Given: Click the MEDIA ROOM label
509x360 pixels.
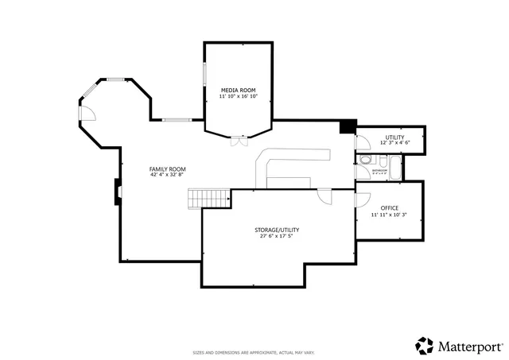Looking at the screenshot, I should (x=239, y=91).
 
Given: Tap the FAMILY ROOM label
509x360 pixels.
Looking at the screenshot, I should (x=167, y=168).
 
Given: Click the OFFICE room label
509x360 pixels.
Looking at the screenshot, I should (x=389, y=208).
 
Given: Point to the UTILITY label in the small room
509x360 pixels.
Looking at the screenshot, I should (x=394, y=137).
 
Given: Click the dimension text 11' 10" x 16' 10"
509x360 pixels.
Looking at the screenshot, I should (x=239, y=98).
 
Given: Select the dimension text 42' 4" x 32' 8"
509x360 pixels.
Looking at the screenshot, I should (x=167, y=175).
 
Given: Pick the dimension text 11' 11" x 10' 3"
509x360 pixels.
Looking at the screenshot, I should (x=389, y=215).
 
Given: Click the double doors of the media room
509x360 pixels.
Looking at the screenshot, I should (x=238, y=141).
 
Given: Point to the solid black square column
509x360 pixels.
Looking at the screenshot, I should (x=347, y=126).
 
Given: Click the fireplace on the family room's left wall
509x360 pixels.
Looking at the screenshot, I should (x=118, y=191).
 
